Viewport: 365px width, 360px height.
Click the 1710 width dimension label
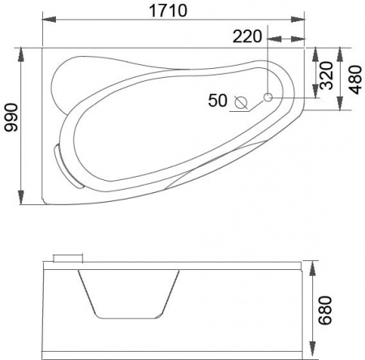pyautogui.click(x=168, y=11)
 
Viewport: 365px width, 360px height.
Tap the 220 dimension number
pyautogui.click(x=247, y=36)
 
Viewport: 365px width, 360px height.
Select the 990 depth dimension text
pyautogui.click(x=11, y=117)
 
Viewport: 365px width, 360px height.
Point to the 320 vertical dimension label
pyautogui.click(x=326, y=75)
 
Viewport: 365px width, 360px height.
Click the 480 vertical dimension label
pyautogui.click(x=354, y=79)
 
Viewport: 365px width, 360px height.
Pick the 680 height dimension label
pyautogui.click(x=324, y=311)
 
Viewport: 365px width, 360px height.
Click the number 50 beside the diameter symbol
pyautogui.click(x=217, y=101)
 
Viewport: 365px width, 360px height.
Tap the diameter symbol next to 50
pyautogui.click(x=241, y=102)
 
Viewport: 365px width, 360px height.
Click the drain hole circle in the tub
pyautogui.click(x=268, y=97)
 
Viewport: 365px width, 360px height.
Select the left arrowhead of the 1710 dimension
pyautogui.click(x=49, y=19)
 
